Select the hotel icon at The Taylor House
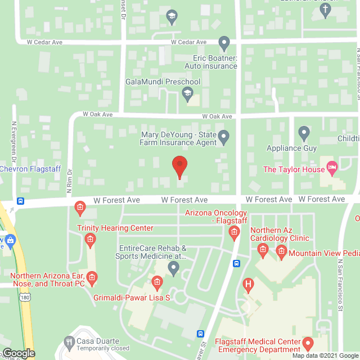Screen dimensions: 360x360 pos(332,167)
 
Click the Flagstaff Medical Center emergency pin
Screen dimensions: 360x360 pos(308,343)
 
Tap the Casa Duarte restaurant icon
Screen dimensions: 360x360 pos(69,341)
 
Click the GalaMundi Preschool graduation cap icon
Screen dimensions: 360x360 pos(188,93)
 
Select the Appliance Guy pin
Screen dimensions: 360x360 pos(304,134)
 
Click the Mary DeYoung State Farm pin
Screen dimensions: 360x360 pos(224,136)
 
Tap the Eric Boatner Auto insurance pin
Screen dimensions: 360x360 pos(224,43)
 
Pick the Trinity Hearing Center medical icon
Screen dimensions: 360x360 pos(89,240)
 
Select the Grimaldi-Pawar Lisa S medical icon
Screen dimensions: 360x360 pos(157,281)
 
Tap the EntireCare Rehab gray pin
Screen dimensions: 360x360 pos(174,271)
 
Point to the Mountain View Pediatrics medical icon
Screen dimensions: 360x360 pos(281,253)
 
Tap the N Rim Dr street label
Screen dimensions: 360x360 pos(70,181)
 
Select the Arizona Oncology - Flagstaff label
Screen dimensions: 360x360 pos(217,217)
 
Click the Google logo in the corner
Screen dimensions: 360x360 pos(18,353)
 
